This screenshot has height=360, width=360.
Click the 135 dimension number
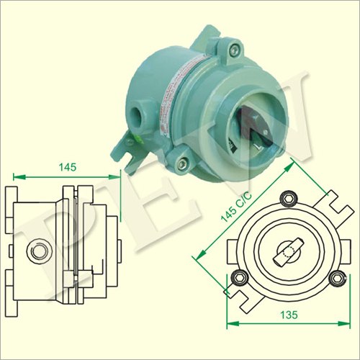tap(289, 315)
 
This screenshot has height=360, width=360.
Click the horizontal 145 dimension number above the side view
tap(68, 167)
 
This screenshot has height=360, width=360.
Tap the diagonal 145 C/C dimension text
tap(236, 207)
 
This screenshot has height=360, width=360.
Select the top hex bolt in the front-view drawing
tap(289, 199)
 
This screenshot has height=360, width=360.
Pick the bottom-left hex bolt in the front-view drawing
tap(239, 278)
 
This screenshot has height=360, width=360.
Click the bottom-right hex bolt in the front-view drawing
tap(338, 278)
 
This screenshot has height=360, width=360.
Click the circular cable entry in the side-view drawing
tap(39, 251)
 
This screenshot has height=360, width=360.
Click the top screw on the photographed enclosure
tap(234, 49)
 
